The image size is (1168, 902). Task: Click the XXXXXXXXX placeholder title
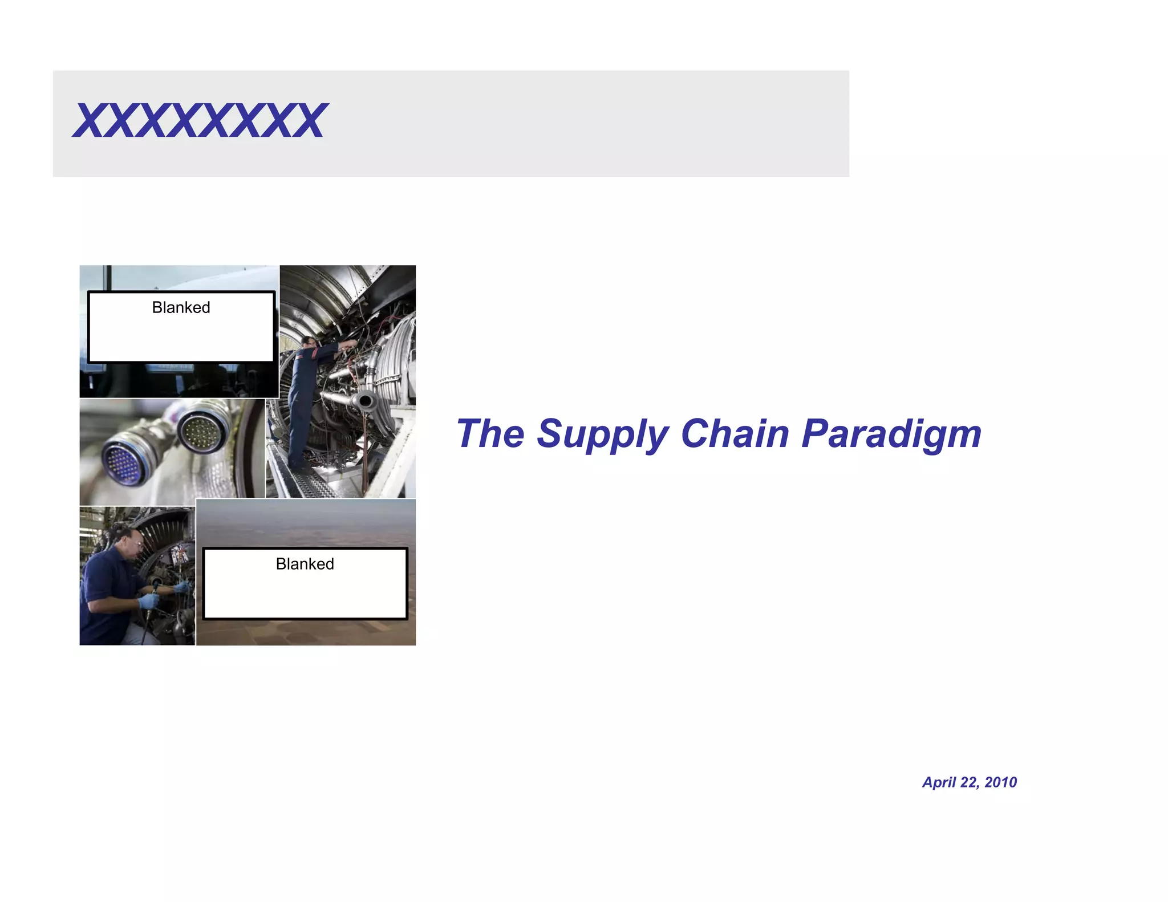(200, 121)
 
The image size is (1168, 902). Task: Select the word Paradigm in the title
(891, 434)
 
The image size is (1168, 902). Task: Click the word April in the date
(939, 782)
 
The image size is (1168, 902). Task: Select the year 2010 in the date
(1001, 782)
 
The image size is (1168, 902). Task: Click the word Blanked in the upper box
(181, 308)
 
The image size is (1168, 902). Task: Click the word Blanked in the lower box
(305, 564)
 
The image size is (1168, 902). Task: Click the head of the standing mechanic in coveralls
(309, 342)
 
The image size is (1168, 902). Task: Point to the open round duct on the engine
(364, 401)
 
